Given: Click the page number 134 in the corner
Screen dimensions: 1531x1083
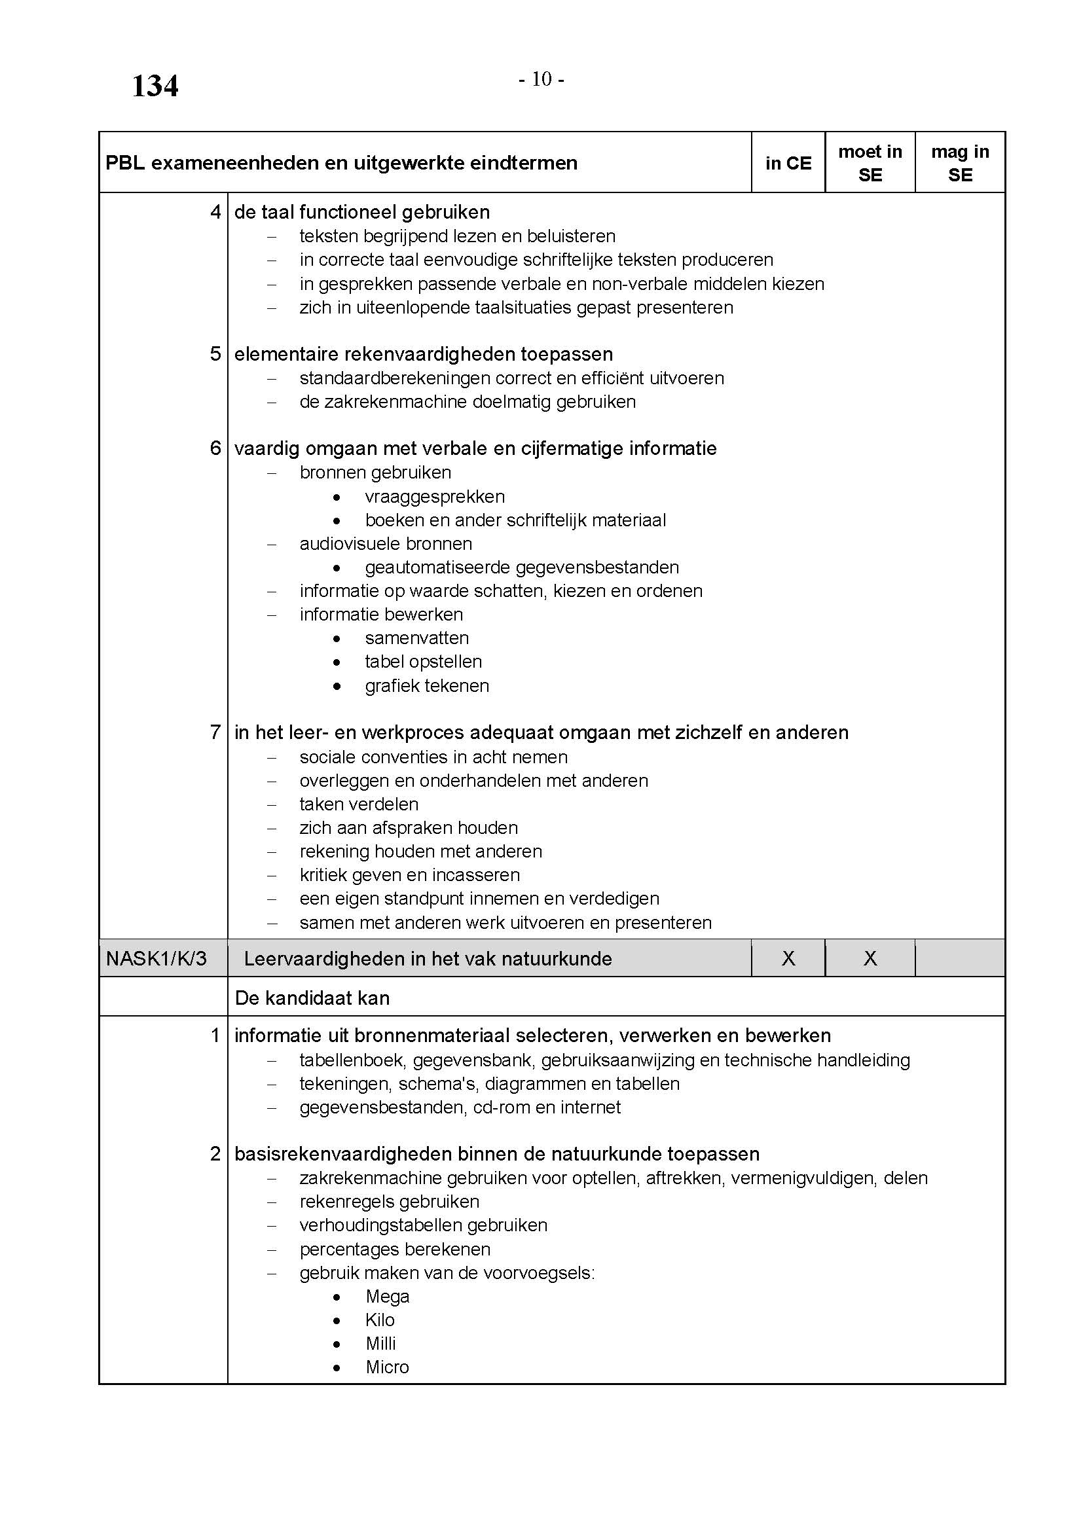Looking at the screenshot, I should tap(155, 86).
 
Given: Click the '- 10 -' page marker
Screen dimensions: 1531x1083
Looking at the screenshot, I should tap(541, 79).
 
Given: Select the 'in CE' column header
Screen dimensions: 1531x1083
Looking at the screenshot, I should tap(788, 164).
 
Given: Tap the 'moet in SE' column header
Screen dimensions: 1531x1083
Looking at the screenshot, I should tap(870, 164).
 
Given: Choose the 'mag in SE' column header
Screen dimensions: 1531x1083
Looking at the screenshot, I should tap(960, 164).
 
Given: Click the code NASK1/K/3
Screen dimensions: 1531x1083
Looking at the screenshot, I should tap(156, 959).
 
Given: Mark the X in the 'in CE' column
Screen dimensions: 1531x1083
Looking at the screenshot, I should tap(788, 959).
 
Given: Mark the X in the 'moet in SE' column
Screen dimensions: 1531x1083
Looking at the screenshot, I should tap(870, 959).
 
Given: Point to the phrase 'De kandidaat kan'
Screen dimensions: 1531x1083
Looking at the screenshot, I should tap(312, 998).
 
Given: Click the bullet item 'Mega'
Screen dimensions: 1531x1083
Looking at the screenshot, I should tap(388, 1296).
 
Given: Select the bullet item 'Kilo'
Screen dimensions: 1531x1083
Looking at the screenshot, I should tap(380, 1320).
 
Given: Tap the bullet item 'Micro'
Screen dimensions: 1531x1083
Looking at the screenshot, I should tap(387, 1367).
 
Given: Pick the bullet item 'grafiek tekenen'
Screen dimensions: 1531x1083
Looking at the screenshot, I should tap(427, 685).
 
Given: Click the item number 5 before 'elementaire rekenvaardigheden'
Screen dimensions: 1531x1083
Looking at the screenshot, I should tap(215, 354).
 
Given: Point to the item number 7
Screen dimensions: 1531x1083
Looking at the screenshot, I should tap(215, 732).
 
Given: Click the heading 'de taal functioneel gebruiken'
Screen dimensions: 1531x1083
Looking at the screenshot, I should tap(362, 212).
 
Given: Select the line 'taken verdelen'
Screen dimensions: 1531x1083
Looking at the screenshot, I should tap(359, 804).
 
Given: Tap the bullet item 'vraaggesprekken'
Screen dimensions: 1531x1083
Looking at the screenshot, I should tap(435, 497).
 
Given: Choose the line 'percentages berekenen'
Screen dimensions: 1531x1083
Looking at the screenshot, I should tap(395, 1249).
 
